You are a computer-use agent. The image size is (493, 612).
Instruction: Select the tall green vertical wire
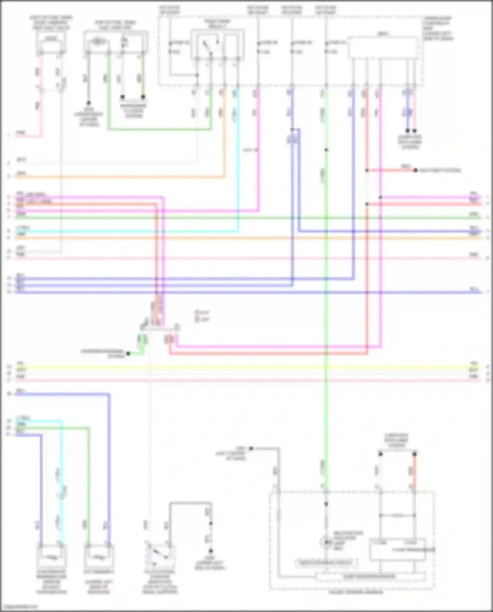(326, 329)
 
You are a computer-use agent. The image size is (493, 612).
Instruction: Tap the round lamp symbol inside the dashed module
(326, 542)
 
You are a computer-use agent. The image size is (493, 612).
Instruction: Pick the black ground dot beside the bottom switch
(211, 551)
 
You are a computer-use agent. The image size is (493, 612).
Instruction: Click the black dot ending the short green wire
(128, 354)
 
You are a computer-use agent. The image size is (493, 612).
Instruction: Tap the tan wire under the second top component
(143, 76)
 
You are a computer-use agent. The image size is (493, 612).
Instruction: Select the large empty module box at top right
(383, 48)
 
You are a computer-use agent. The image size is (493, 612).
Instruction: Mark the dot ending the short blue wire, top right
(408, 131)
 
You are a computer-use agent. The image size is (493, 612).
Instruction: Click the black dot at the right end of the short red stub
(415, 170)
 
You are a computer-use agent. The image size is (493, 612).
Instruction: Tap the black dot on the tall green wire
(326, 150)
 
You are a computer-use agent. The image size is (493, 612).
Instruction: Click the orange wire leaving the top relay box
(224, 132)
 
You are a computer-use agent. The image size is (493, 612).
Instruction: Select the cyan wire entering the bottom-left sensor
(61, 493)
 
